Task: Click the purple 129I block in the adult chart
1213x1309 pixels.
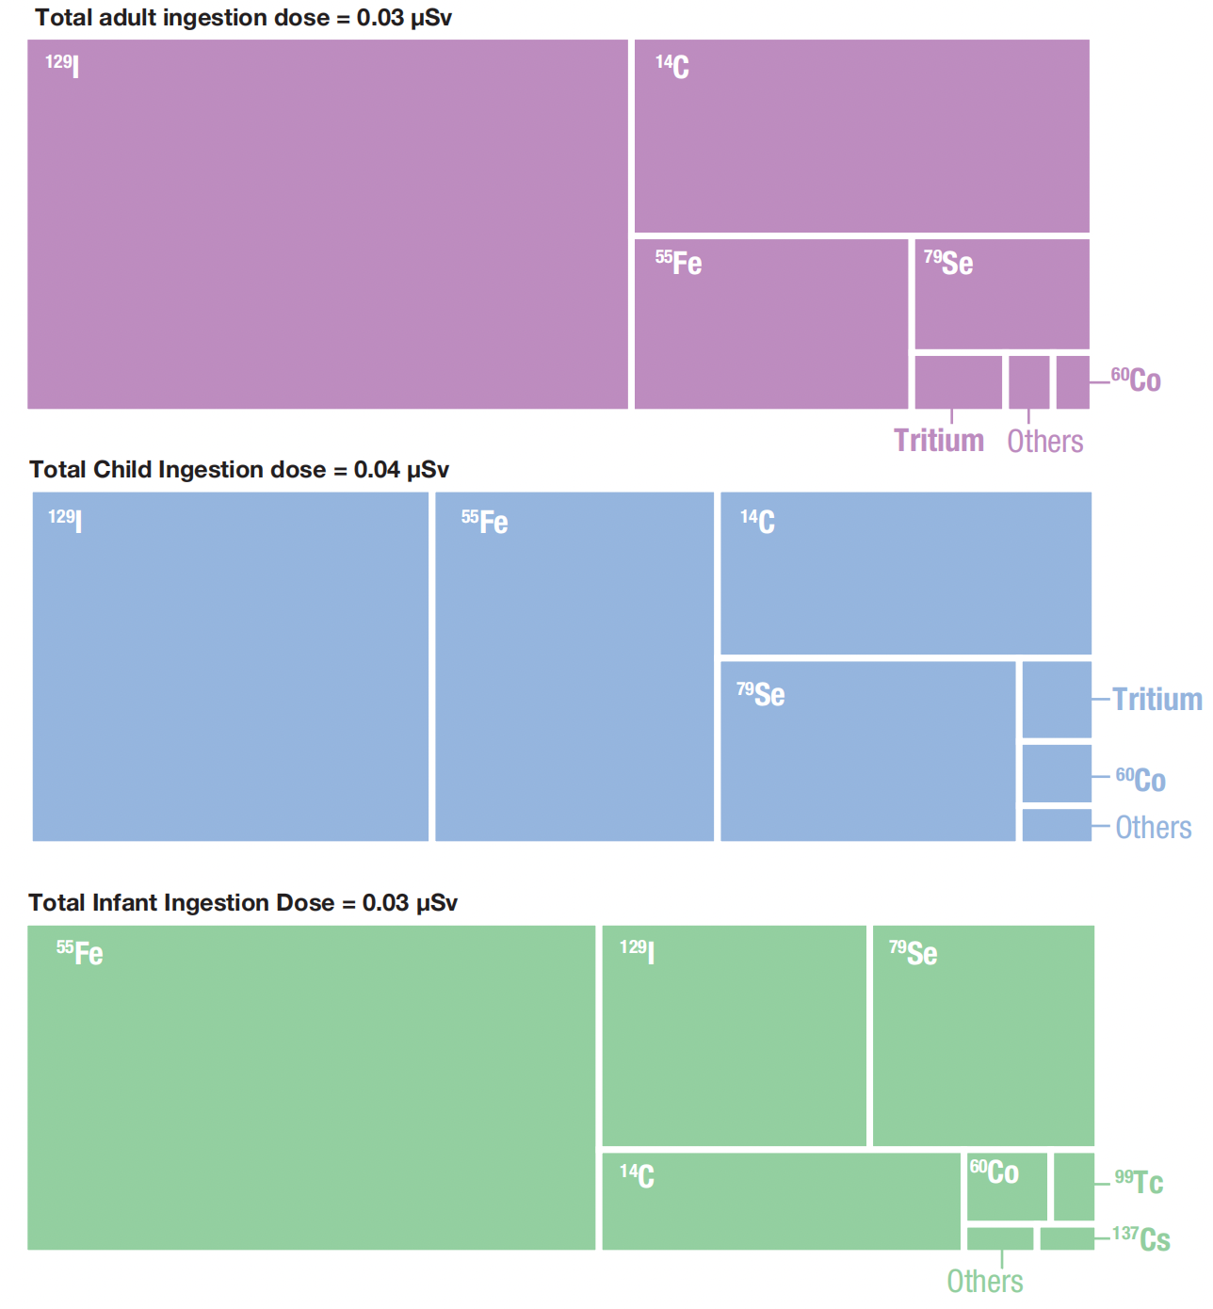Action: (327, 224)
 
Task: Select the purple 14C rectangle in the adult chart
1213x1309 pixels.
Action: (862, 136)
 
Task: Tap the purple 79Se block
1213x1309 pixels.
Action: (1002, 294)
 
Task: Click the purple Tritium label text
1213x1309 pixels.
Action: (939, 441)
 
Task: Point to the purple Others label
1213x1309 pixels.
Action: (1044, 441)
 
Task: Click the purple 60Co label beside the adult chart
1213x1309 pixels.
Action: (1136, 380)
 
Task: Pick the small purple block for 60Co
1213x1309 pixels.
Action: (1073, 381)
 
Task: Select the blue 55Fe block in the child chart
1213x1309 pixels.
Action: (574, 666)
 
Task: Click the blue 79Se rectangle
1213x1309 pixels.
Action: (867, 751)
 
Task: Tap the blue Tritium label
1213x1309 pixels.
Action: (1156, 699)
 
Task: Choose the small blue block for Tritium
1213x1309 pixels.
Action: (1057, 700)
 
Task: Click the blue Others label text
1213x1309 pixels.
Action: (1153, 827)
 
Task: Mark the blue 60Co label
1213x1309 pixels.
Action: (1140, 779)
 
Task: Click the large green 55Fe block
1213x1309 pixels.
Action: (311, 1087)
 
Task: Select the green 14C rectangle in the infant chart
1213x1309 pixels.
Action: (781, 1201)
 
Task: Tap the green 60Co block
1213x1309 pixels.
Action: (1007, 1187)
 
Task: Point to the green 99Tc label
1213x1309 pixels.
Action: (1139, 1181)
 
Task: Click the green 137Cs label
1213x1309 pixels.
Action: (1140, 1237)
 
